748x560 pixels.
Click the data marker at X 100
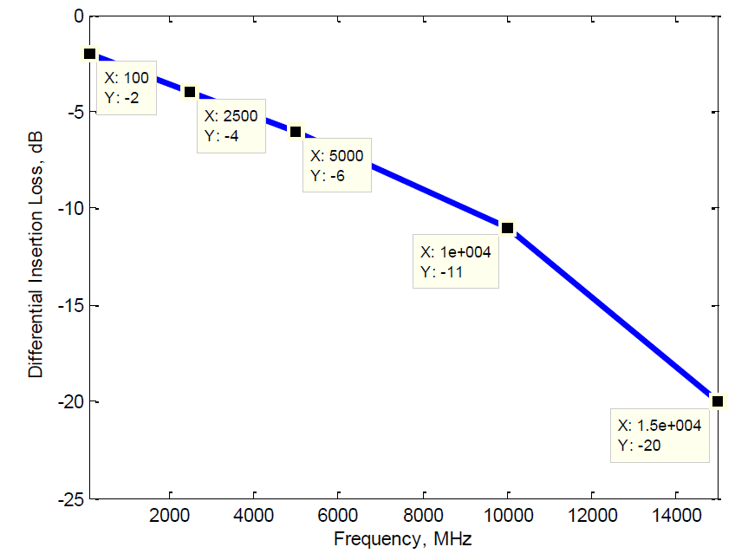(x=89, y=54)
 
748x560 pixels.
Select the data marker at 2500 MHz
(x=190, y=92)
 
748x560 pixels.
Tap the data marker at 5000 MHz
(x=296, y=132)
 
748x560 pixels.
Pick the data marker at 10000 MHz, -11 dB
(x=507, y=228)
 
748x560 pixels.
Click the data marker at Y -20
(x=717, y=401)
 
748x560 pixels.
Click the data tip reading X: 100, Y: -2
(x=126, y=88)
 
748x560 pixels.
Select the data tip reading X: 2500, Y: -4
(x=231, y=126)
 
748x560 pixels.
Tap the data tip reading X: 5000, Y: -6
(x=337, y=165)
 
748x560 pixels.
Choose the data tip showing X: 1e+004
(x=457, y=261)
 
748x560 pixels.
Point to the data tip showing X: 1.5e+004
(x=660, y=434)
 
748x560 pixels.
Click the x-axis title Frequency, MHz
(x=403, y=539)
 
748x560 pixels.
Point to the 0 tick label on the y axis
(x=77, y=16)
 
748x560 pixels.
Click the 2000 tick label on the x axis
(x=169, y=515)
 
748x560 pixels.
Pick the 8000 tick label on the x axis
(x=423, y=515)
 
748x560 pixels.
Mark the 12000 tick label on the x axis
(x=592, y=515)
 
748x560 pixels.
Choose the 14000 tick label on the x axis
(x=677, y=515)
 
